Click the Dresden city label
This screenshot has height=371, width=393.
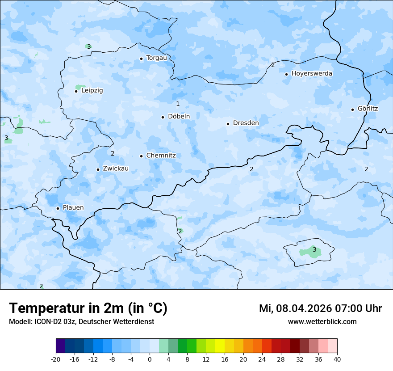point(246,123)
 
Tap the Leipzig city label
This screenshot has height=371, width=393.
point(92,90)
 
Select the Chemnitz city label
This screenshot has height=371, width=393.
point(161,156)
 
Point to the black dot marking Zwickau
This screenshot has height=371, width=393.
point(98,169)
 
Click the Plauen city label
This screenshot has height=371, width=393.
point(73,208)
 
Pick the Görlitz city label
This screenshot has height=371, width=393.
point(368,109)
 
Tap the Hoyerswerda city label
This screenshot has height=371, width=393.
point(312,73)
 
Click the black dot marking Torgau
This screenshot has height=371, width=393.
point(141,59)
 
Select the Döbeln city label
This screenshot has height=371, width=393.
point(179,117)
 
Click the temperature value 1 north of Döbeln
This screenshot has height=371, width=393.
point(178,104)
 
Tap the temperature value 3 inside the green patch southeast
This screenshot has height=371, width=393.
point(314,250)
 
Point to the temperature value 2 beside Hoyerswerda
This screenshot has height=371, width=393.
point(273,65)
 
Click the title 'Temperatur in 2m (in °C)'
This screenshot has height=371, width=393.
point(88,308)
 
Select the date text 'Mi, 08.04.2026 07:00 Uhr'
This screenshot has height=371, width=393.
point(320,308)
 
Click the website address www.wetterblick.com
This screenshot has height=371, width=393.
point(322,322)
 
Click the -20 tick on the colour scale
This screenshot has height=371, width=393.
point(56,359)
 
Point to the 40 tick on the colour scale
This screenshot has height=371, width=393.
point(337,359)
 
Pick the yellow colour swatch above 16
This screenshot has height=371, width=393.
point(220,346)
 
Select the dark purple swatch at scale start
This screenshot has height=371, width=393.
point(60,346)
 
